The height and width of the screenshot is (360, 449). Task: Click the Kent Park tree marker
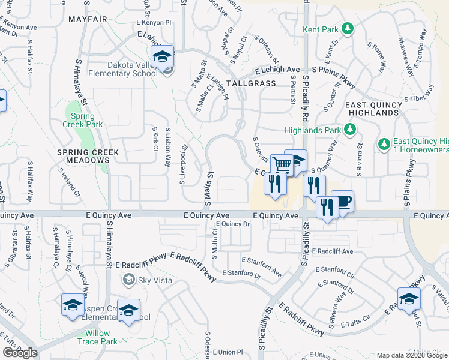tap(347, 28)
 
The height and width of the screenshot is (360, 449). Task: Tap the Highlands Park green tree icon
tap(348, 130)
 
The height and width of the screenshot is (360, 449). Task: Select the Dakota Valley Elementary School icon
tap(162, 58)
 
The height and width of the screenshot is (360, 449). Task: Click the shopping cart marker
tap(281, 164)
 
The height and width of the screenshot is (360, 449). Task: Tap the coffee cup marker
tap(342, 202)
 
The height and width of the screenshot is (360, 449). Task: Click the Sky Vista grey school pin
tap(128, 279)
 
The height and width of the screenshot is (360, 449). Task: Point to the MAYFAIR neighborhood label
tap(88, 19)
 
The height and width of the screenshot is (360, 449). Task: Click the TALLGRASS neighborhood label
tap(252, 84)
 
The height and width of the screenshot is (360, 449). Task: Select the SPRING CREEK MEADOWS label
tap(88, 152)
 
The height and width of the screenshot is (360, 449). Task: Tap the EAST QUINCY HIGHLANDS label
tap(382, 110)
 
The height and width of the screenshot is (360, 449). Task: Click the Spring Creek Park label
tap(83, 120)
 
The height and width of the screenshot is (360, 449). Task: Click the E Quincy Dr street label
tap(232, 224)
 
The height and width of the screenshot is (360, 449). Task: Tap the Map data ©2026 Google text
tap(411, 355)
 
